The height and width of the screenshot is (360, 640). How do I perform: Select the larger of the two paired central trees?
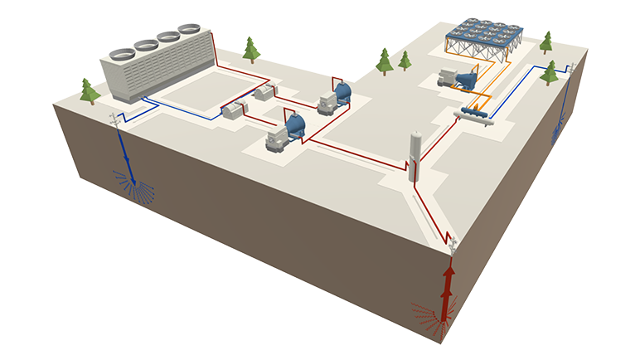(384, 61)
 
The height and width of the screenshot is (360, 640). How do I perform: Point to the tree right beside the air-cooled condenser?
(546, 42)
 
